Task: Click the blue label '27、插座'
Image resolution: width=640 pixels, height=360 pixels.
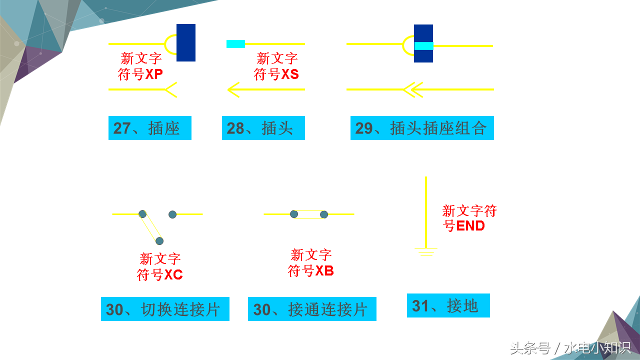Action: click(149, 128)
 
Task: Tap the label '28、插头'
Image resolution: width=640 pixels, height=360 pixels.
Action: click(263, 128)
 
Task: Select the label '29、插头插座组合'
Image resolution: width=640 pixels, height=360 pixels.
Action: click(421, 128)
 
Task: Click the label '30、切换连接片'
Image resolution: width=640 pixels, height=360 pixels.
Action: click(165, 309)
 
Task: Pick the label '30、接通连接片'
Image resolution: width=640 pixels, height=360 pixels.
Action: click(311, 309)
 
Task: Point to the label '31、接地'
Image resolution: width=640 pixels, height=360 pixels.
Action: click(447, 305)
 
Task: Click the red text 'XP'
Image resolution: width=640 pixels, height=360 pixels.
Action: click(154, 74)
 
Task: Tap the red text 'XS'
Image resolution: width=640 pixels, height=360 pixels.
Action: click(289, 74)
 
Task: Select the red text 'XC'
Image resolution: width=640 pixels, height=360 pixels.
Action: click(173, 274)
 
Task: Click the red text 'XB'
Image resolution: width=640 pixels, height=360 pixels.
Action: click(324, 271)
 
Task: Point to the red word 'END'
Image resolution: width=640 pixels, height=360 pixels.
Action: click(470, 226)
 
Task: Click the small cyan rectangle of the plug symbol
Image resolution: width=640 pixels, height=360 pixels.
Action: click(235, 44)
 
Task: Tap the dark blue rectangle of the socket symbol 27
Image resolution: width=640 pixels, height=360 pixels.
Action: click(186, 42)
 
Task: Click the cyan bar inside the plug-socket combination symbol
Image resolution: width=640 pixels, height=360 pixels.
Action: click(423, 46)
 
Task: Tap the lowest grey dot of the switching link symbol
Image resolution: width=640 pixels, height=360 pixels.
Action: click(159, 241)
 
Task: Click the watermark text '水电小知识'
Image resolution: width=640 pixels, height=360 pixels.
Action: click(597, 348)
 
